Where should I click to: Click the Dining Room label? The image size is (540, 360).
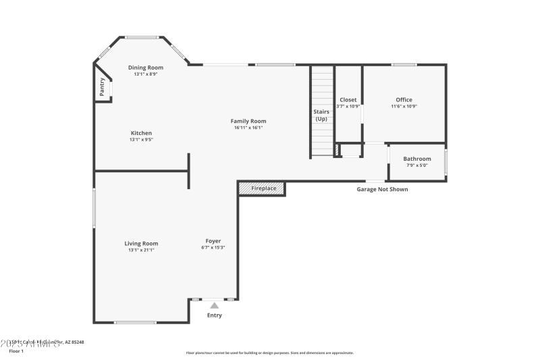146,68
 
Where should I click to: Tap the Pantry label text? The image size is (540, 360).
102,87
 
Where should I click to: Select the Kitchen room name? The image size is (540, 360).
141,133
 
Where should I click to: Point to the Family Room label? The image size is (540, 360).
248,121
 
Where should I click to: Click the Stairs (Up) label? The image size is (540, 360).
321,115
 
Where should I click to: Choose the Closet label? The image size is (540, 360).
348,100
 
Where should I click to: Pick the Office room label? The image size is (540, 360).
404,100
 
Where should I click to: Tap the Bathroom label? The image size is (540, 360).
417,159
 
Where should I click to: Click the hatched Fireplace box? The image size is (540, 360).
263,188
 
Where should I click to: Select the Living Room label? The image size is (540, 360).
141,243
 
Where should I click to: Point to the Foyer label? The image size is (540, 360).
213,241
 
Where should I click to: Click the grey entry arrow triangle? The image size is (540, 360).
214,305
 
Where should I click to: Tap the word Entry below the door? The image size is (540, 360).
214,315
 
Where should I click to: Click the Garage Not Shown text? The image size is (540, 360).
382,190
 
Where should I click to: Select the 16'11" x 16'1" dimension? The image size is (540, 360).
248,128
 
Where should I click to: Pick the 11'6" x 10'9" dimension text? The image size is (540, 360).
404,107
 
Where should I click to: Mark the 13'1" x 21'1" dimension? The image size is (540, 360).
141,250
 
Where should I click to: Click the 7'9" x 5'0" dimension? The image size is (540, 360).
417,165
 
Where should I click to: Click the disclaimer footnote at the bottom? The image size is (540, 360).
269,353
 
